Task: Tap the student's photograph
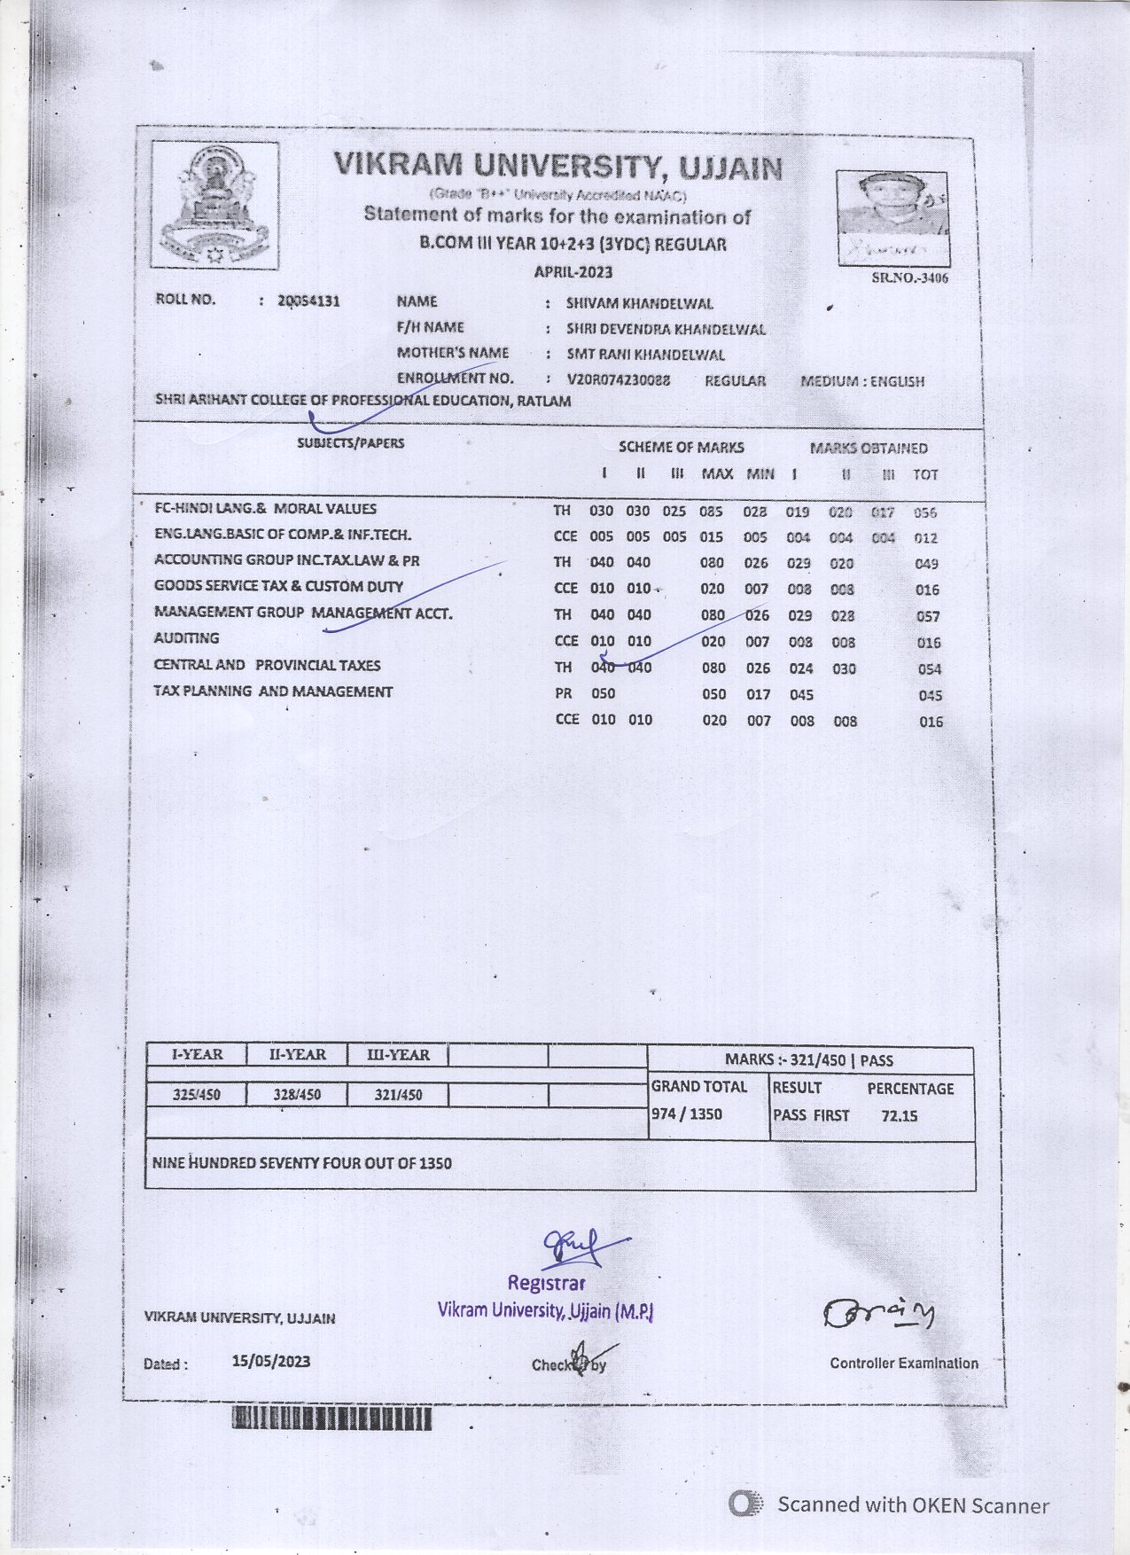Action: (892, 218)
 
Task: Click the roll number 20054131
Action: (308, 301)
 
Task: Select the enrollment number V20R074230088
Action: (619, 380)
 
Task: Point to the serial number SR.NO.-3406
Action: (909, 277)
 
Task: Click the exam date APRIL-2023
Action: (573, 272)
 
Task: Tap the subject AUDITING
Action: (186, 638)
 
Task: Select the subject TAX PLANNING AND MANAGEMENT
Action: (273, 692)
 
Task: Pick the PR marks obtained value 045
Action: (802, 695)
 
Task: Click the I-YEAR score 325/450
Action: (197, 1095)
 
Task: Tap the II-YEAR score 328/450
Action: (297, 1095)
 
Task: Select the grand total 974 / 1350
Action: (687, 1114)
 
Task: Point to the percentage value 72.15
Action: (899, 1116)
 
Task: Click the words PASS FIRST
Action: (811, 1115)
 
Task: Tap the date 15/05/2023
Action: (271, 1361)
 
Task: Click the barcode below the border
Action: (331, 1419)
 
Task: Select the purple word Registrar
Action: (546, 1283)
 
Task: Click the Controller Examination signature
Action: (877, 1314)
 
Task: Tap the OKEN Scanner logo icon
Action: (745, 1504)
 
